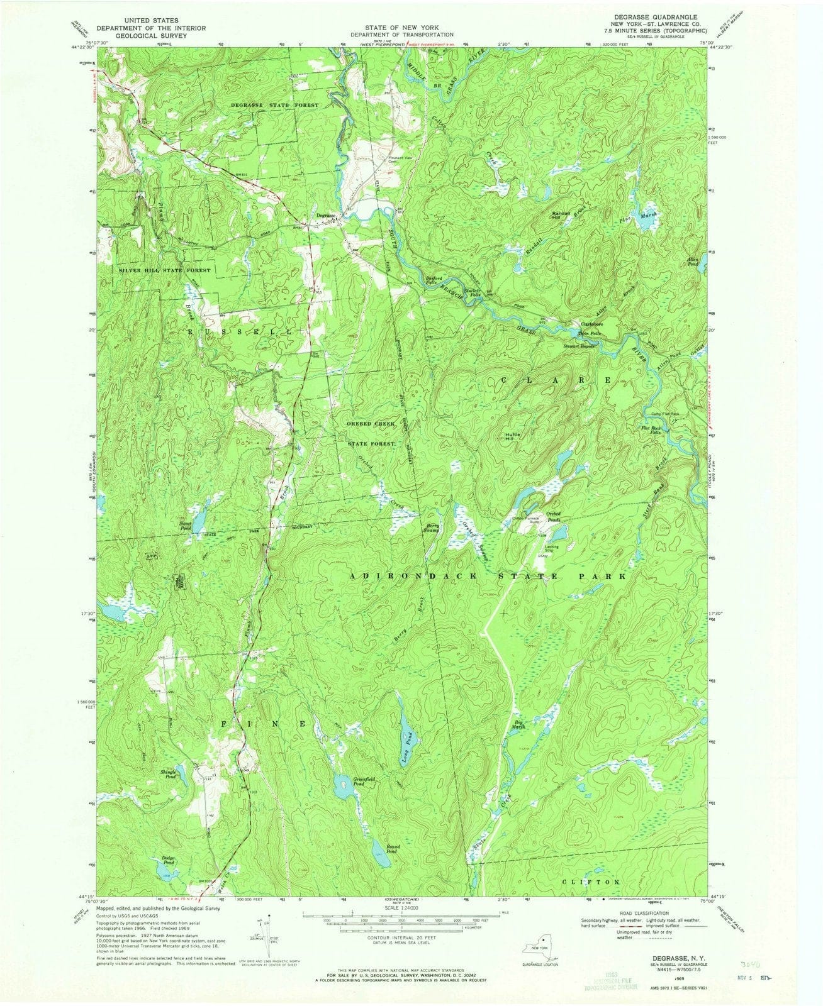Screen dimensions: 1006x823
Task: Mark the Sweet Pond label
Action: point(185,526)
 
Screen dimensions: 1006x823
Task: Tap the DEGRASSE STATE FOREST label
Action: point(274,105)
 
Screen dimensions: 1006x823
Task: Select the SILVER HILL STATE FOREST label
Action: point(164,270)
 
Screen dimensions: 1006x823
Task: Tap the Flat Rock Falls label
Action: point(652,431)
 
